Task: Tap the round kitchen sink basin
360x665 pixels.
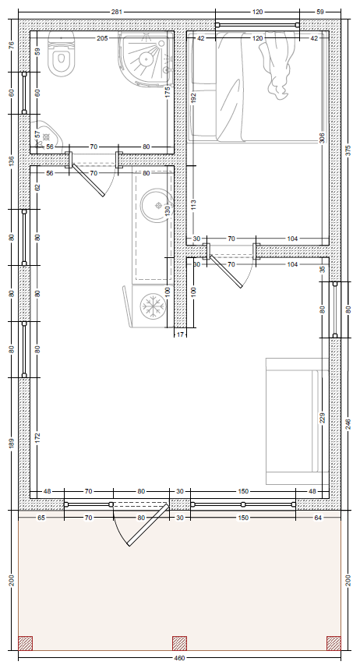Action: click(x=156, y=206)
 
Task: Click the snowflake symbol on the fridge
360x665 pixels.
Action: click(x=152, y=306)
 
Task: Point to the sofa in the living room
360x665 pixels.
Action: click(x=297, y=421)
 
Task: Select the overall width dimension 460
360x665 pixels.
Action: click(x=179, y=658)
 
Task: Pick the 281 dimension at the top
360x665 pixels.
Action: click(x=117, y=12)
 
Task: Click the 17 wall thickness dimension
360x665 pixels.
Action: click(x=180, y=334)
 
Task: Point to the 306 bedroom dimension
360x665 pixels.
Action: click(x=322, y=138)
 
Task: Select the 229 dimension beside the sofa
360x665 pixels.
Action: click(x=322, y=419)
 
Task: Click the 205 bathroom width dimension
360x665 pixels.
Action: click(x=102, y=38)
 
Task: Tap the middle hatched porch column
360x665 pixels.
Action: click(x=179, y=643)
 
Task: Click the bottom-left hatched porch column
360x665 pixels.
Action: click(x=25, y=643)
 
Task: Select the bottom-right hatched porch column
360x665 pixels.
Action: click(x=334, y=643)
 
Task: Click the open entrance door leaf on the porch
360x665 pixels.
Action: click(x=149, y=525)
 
